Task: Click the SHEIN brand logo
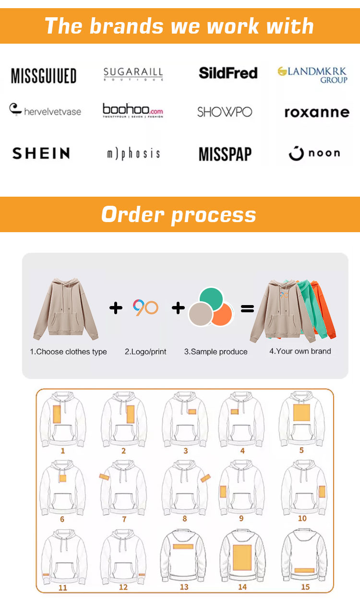click(x=41, y=153)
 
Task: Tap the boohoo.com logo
click(x=133, y=110)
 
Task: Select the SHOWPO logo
click(x=225, y=112)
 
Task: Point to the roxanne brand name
click(x=317, y=112)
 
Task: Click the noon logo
click(x=314, y=153)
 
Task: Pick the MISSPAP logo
click(x=225, y=154)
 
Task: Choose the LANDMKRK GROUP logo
click(x=312, y=75)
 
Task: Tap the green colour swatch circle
click(x=211, y=299)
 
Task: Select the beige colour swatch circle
click(x=201, y=314)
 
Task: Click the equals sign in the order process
click(x=247, y=308)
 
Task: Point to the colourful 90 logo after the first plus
click(x=145, y=307)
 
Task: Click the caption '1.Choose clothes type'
click(x=68, y=352)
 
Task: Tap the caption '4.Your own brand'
click(x=300, y=351)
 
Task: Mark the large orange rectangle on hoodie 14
click(x=242, y=557)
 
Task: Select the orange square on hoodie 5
click(x=301, y=413)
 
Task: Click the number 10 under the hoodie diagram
click(x=302, y=519)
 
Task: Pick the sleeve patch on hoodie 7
click(x=104, y=477)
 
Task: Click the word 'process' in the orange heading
click(x=214, y=215)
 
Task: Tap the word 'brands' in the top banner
click(x=126, y=26)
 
